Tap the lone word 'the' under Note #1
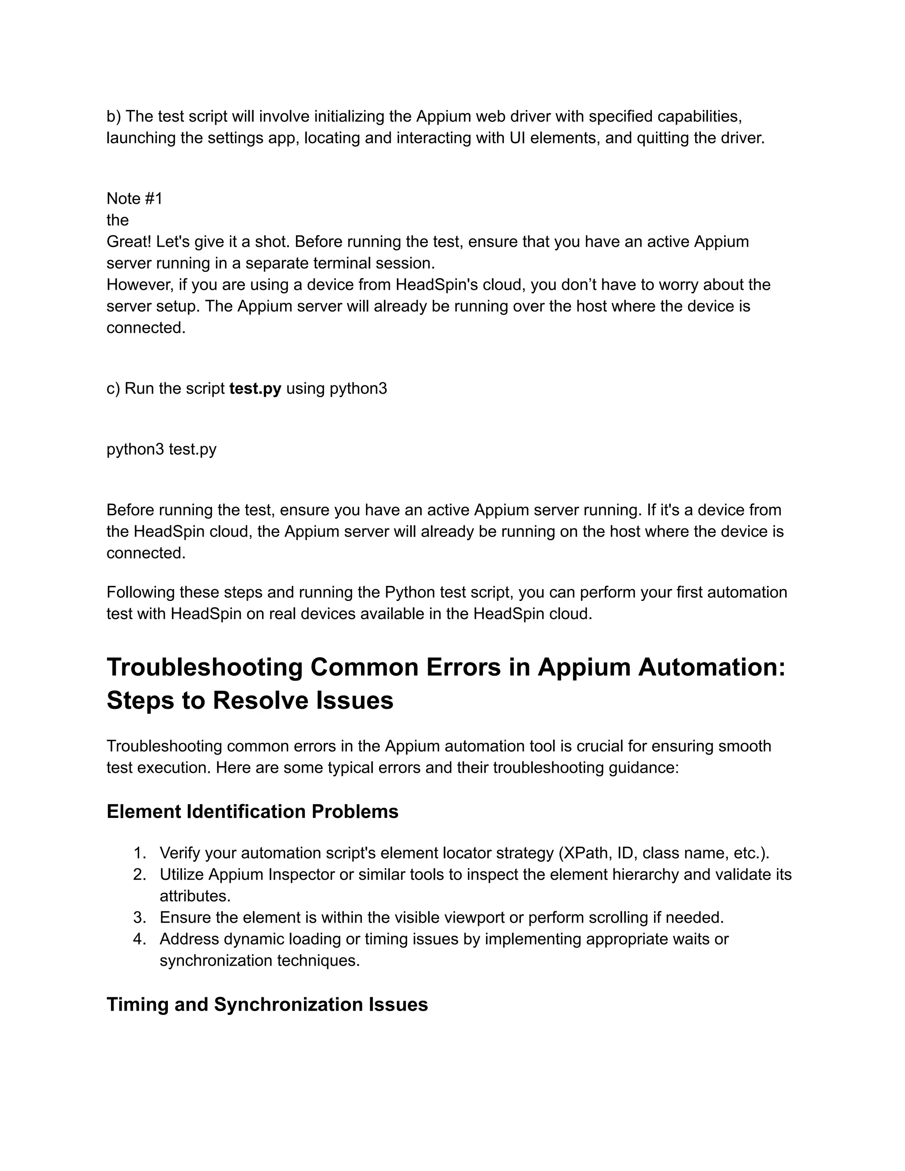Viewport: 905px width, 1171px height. (x=118, y=221)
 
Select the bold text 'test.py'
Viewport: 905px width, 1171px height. (x=255, y=389)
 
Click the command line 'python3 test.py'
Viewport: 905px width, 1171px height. (x=161, y=449)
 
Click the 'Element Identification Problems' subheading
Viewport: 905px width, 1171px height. (x=252, y=812)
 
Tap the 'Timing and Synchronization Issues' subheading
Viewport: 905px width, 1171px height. (x=267, y=1004)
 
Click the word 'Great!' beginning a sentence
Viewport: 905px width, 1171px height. (x=129, y=242)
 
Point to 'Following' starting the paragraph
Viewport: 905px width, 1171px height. (x=141, y=593)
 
